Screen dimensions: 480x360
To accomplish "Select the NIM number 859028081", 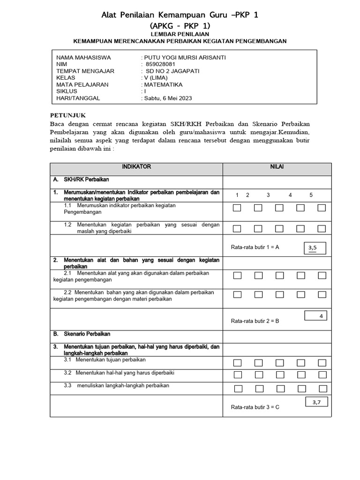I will coord(160,64).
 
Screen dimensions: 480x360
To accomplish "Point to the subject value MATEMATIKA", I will coord(163,85).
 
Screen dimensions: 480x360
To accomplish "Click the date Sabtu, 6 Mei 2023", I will coord(167,98).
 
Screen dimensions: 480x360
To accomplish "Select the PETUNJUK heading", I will coord(68,115).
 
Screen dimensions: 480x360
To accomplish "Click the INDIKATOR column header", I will coord(136,167).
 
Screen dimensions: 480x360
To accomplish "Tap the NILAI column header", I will coord(277,167).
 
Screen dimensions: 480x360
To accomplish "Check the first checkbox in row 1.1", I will coord(237,208).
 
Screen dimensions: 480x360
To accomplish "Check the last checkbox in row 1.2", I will coord(322,229).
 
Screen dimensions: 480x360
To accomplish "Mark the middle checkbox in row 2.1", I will coord(279,276).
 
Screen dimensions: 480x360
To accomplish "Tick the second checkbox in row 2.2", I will coord(258,294).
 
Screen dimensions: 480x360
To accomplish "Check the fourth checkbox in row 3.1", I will coord(300,363).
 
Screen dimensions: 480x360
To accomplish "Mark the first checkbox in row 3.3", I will coord(237,389).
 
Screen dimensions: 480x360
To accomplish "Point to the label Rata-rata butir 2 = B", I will coord(255,321).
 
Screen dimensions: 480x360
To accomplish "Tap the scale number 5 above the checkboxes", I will coord(311,195).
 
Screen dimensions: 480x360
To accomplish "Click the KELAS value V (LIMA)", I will coord(156,78).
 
